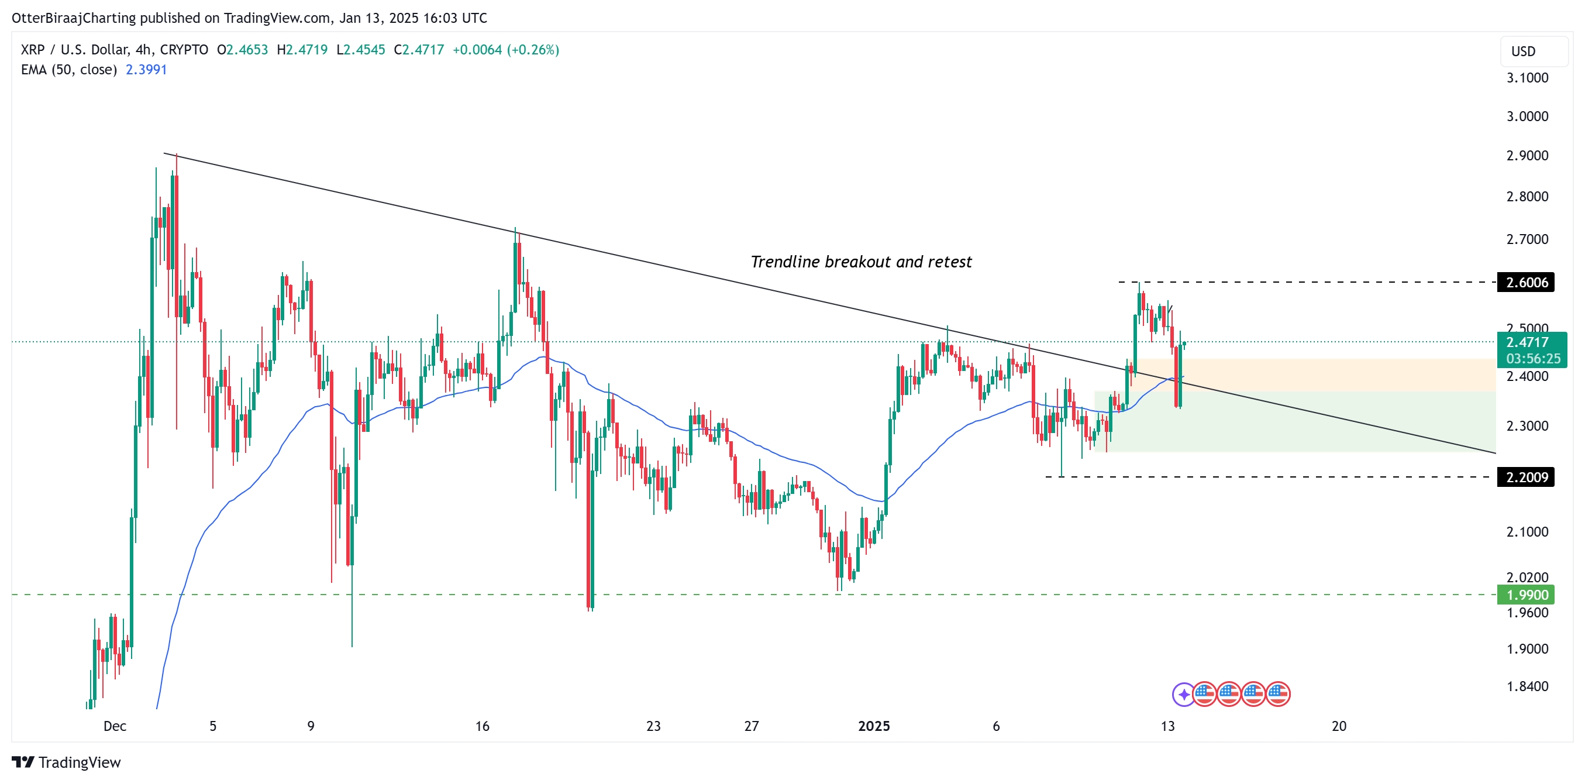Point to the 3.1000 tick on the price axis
pyautogui.click(x=1527, y=78)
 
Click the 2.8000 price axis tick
pyautogui.click(x=1527, y=197)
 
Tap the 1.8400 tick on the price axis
pyautogui.click(x=1527, y=686)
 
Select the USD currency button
pyautogui.click(x=1523, y=51)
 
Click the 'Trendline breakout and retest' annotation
pyautogui.click(x=860, y=262)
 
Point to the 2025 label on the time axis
pyautogui.click(x=873, y=726)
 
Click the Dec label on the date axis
pyautogui.click(x=115, y=726)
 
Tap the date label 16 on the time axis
pyautogui.click(x=482, y=726)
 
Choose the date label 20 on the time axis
pyautogui.click(x=1338, y=726)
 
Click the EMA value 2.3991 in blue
pyautogui.click(x=146, y=70)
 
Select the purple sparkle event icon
pyautogui.click(x=1183, y=695)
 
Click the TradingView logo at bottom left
pyautogui.click(x=67, y=762)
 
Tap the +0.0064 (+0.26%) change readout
pyautogui.click(x=505, y=50)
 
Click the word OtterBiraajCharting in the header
pyautogui.click(x=73, y=18)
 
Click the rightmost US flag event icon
pyautogui.click(x=1278, y=695)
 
